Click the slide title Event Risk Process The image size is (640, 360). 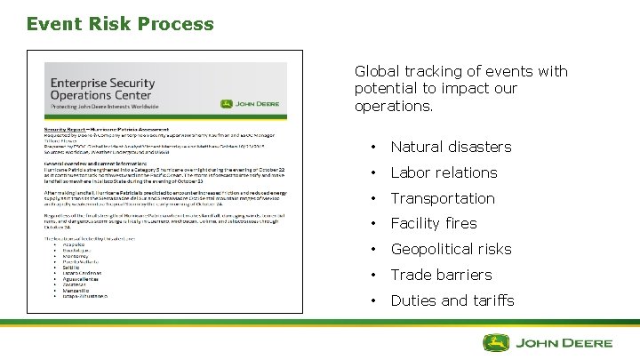(120, 24)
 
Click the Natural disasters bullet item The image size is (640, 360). (451, 147)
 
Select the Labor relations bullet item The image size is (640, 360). (444, 172)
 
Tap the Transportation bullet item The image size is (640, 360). (443, 198)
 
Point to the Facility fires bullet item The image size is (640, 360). (434, 223)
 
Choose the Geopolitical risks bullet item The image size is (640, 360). (451, 249)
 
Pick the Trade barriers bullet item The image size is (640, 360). (441, 275)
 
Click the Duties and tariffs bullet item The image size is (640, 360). (452, 300)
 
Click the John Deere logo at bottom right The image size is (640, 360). (548, 342)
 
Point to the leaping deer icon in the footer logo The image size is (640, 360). (496, 342)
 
